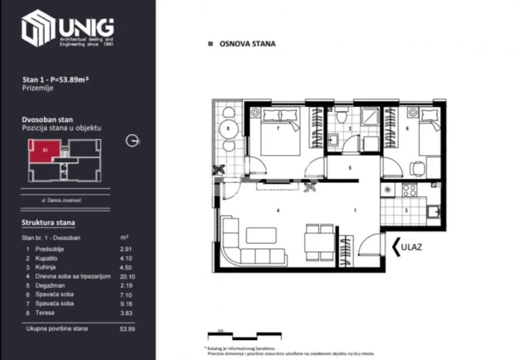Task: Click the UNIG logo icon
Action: click(x=37, y=29)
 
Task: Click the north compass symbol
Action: click(x=133, y=141)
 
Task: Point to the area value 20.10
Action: click(x=127, y=276)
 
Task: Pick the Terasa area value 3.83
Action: click(x=127, y=312)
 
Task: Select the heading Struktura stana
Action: click(x=48, y=223)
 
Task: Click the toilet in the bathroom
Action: click(x=340, y=116)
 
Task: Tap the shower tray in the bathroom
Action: click(x=371, y=118)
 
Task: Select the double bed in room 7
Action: click(x=280, y=134)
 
